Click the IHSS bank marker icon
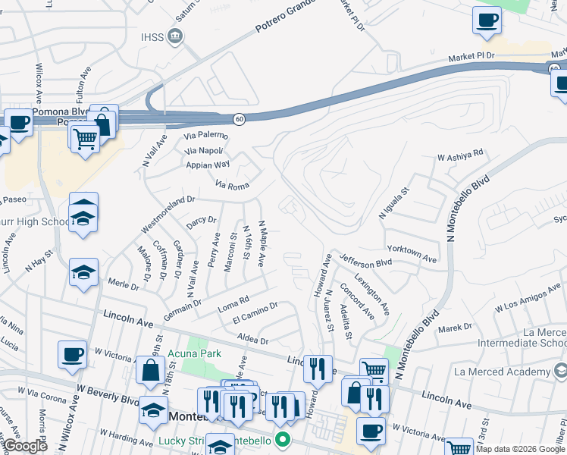pos(176,36)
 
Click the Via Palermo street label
pos(207,135)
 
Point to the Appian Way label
pos(207,164)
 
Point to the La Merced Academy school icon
pos(559,372)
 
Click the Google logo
pos(25,446)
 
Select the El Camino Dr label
pos(255,311)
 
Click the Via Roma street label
pos(232,184)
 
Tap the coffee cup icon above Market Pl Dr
pos(487,20)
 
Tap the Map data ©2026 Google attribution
pos(520,449)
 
